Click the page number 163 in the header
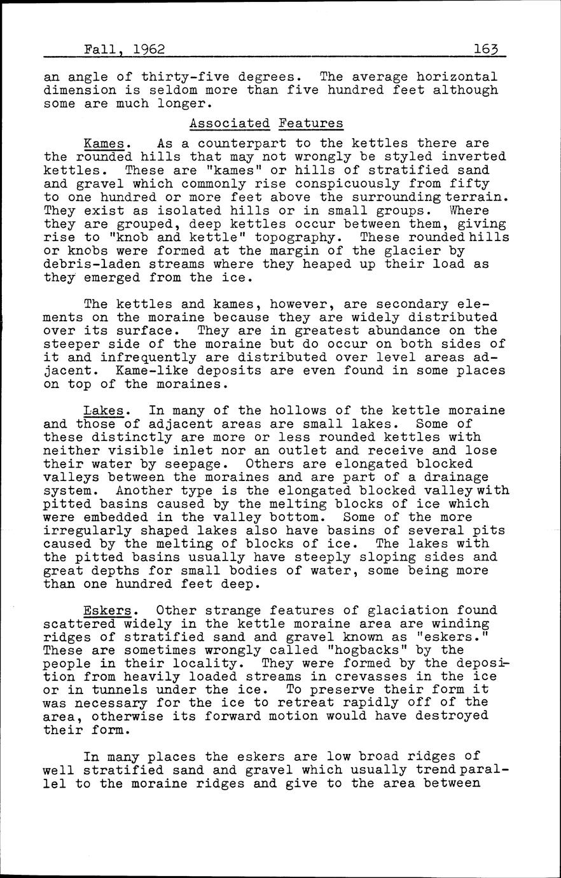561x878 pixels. [x=486, y=49]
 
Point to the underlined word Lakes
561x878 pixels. [x=104, y=411]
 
